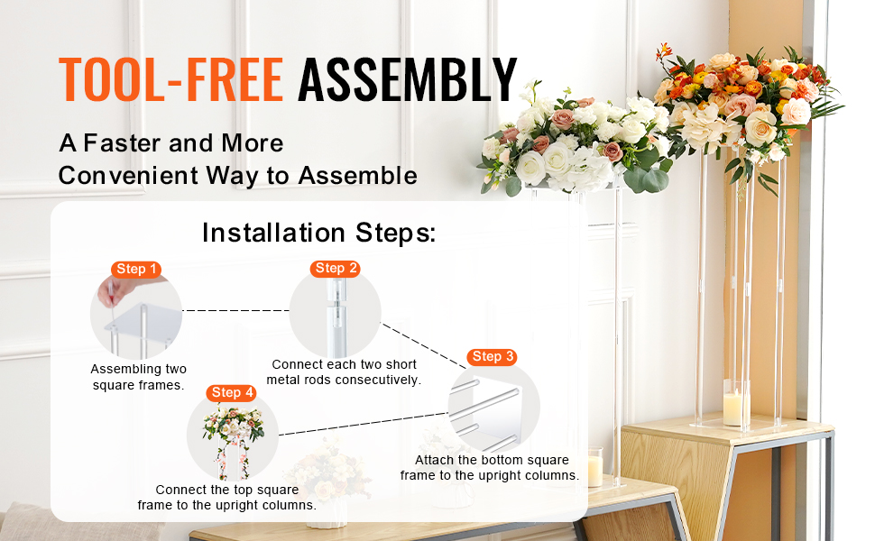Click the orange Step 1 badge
pos(137,269)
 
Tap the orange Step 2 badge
pos(336,268)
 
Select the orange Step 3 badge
pos(493,356)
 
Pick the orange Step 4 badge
pos(232,392)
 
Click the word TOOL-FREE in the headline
pos(171,79)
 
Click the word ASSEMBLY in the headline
pos(408,79)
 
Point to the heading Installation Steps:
pos(318,233)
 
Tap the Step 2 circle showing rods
pos(336,314)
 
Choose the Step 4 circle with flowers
pos(233,437)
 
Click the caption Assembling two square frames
pos(138,377)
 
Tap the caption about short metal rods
pos(344,371)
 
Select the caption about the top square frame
pos(226,497)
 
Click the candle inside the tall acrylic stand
pos(733,406)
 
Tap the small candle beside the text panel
pos(594,469)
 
